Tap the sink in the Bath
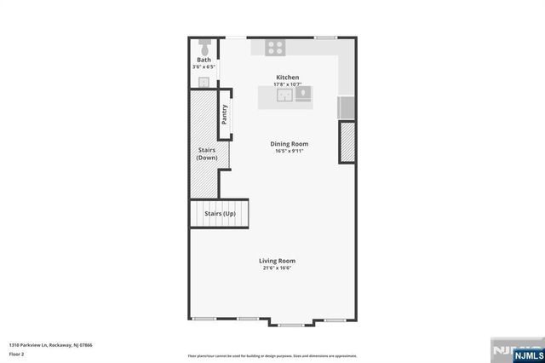pyautogui.click(x=204, y=82)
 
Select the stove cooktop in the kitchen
pyautogui.click(x=275, y=47)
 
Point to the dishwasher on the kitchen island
pyautogui.click(x=302, y=94)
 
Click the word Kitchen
pyautogui.click(x=287, y=78)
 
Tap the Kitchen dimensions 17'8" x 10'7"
pyautogui.click(x=287, y=84)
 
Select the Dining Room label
pyautogui.click(x=290, y=144)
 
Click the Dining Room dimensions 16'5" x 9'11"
pyautogui.click(x=290, y=152)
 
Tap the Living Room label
pyautogui.click(x=278, y=261)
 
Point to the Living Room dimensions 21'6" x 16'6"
pyautogui.click(x=278, y=268)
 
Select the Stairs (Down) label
pyautogui.click(x=207, y=154)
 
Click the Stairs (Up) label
pyautogui.click(x=219, y=213)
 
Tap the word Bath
pyautogui.click(x=204, y=60)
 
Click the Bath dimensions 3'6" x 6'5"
pyautogui.click(x=204, y=66)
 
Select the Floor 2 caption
pyautogui.click(x=17, y=353)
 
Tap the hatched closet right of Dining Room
pyautogui.click(x=347, y=142)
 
